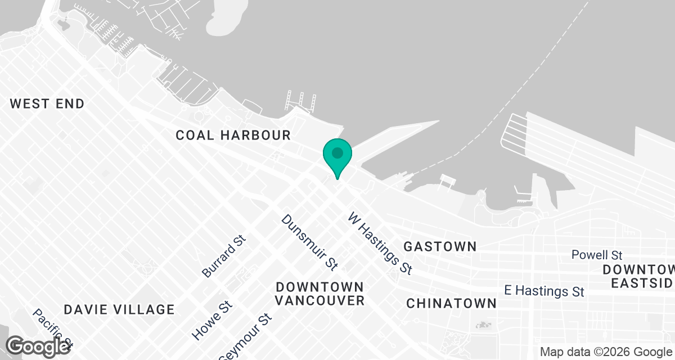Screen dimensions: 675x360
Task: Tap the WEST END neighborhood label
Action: (47, 103)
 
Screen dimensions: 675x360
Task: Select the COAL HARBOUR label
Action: (233, 135)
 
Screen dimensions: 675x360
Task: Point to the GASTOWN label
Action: (440, 246)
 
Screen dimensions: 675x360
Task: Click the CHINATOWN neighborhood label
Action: (452, 303)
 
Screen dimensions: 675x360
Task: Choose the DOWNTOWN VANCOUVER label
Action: (319, 294)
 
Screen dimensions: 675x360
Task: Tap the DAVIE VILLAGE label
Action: (119, 309)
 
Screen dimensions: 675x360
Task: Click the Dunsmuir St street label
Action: (309, 241)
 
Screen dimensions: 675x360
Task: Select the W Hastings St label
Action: (380, 243)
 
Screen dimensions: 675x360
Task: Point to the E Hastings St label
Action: (544, 291)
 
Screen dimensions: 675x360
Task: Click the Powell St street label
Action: (596, 255)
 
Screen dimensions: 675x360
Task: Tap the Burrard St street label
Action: (224, 256)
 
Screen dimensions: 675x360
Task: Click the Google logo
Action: (38, 346)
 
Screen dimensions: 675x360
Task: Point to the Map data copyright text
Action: (606, 352)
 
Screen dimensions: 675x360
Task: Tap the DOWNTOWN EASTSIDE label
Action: (638, 276)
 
